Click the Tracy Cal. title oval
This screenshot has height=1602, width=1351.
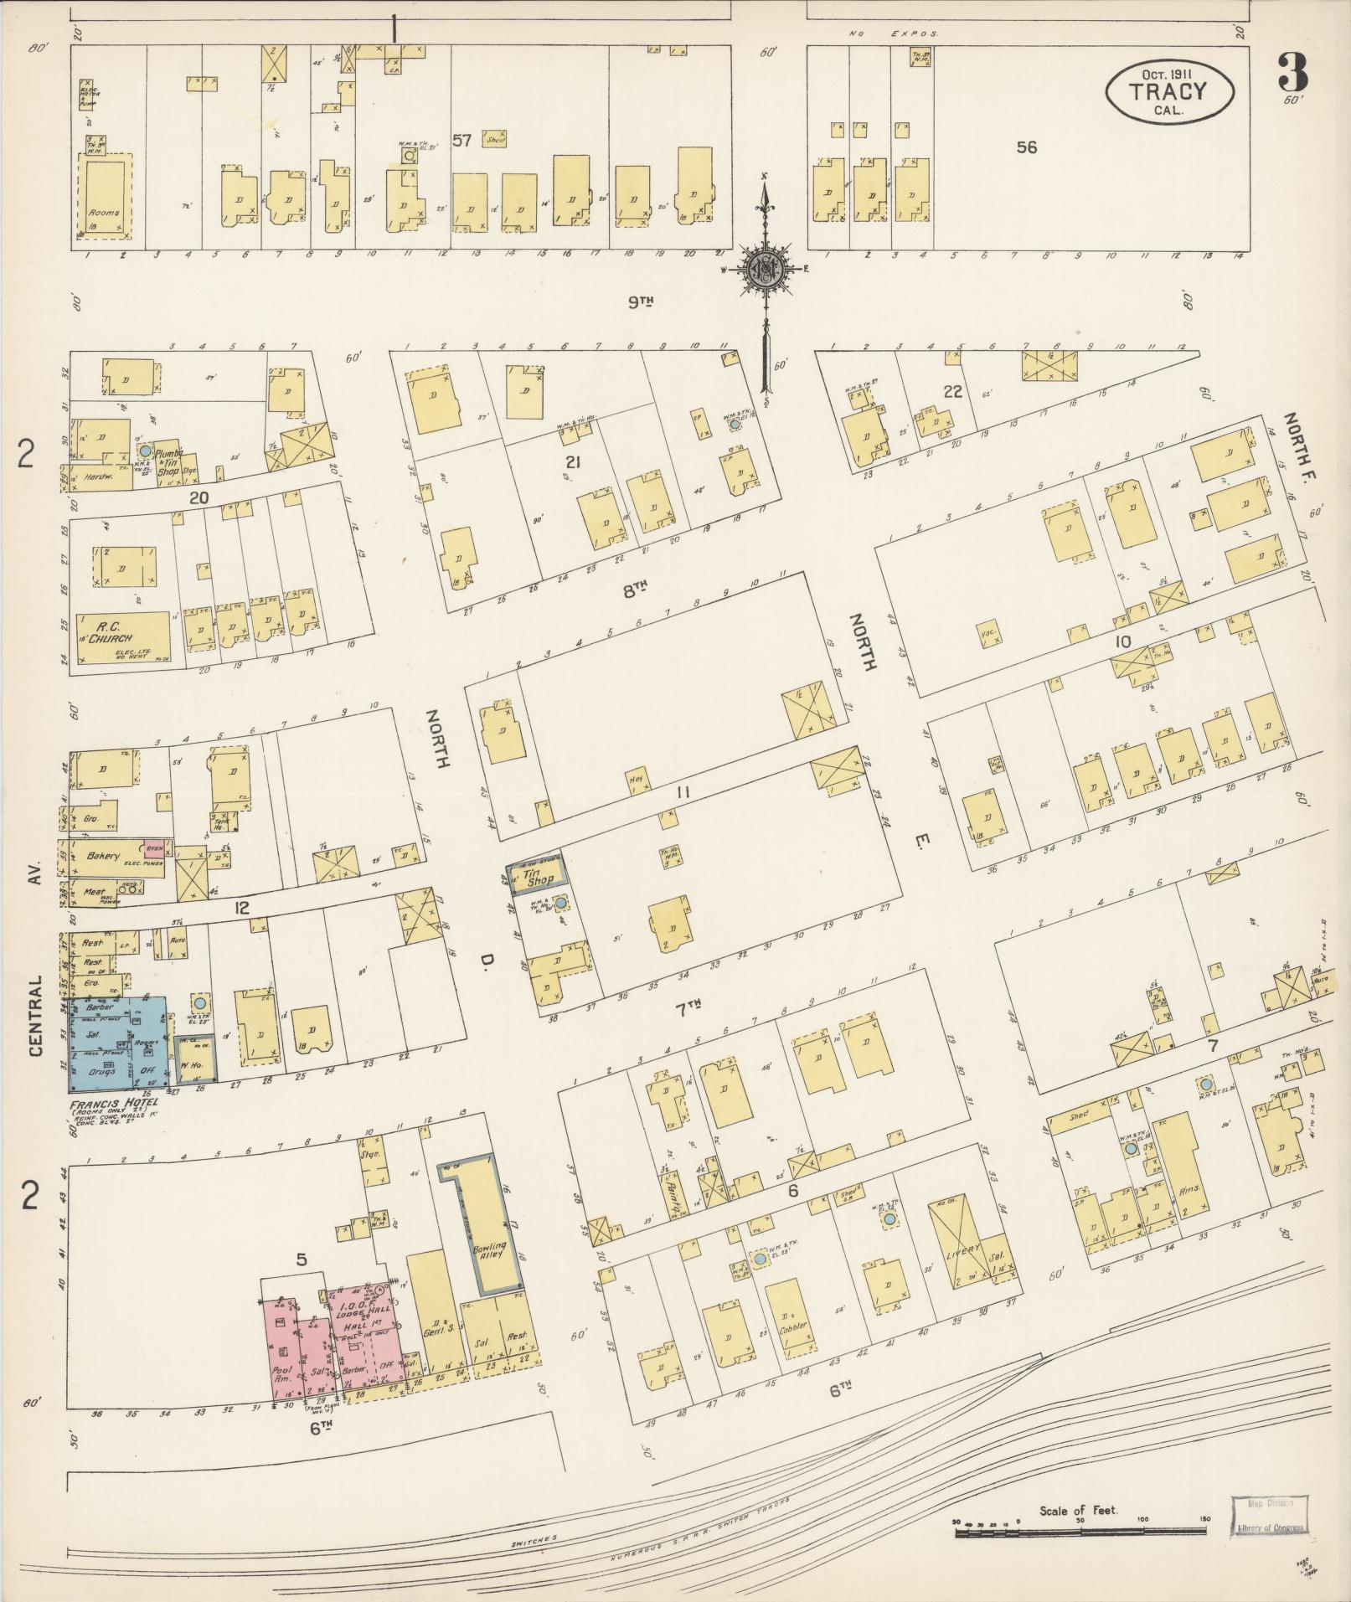(x=1169, y=91)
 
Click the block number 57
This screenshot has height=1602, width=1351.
(x=462, y=140)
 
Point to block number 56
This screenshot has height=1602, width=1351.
(x=1027, y=147)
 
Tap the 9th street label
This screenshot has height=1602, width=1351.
(x=639, y=301)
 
